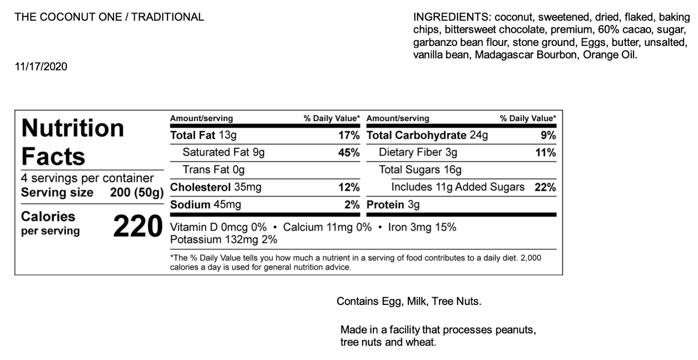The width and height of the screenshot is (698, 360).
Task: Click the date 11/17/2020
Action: coord(41,67)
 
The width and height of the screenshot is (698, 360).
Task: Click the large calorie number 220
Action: coord(137,226)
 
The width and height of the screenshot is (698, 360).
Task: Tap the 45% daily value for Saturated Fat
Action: coord(349,153)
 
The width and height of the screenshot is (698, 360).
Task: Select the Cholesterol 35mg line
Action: coord(215,187)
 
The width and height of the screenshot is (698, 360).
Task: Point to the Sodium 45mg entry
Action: coord(205,205)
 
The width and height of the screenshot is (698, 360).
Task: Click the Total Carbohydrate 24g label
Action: coord(427,135)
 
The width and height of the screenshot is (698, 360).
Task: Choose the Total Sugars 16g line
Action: coord(420,170)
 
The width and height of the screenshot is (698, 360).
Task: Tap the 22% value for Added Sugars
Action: coord(545,187)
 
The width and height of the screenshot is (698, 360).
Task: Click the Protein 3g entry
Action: coord(393,205)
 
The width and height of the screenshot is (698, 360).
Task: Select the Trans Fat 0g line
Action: coord(214,170)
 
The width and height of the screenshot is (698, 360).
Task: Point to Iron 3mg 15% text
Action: coord(422,227)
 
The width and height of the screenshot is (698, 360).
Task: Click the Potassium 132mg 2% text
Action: coord(223,240)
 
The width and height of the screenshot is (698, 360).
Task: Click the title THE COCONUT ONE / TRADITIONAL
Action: coord(109,17)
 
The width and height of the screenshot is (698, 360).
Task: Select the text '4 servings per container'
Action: coord(87,178)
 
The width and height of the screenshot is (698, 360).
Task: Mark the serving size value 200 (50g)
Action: coord(137,192)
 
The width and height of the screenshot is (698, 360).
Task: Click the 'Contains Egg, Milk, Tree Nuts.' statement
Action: coord(409,302)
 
